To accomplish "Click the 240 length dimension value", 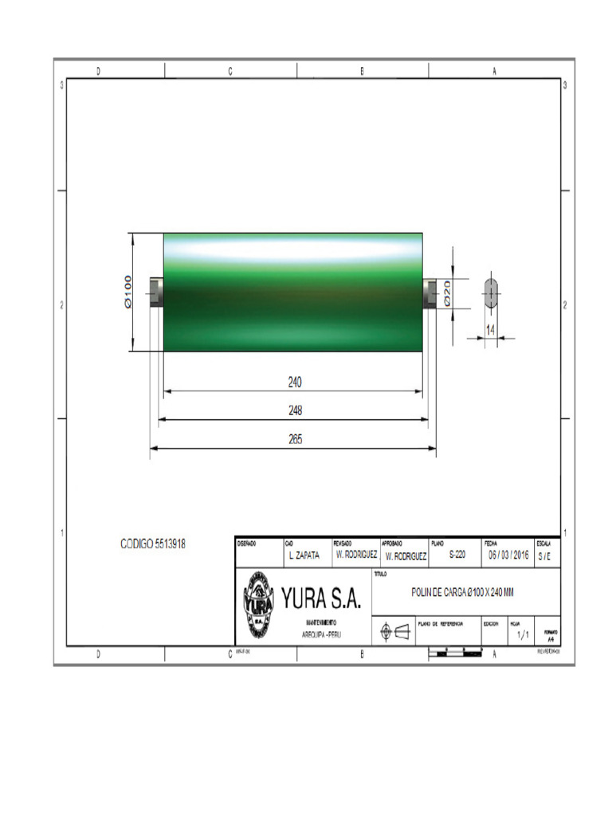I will click(295, 382).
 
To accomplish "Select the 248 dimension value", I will click(295, 410).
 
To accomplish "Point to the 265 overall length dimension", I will click(295, 439).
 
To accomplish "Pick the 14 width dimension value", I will click(491, 328).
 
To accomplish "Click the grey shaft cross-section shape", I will click(491, 294).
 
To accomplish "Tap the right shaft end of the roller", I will click(430, 293).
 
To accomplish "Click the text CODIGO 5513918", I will click(153, 543).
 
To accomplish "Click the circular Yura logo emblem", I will click(257, 603).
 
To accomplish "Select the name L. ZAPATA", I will click(303, 555).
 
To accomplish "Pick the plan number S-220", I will click(457, 555).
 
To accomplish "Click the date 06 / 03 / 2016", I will click(508, 555).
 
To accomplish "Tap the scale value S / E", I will click(543, 555).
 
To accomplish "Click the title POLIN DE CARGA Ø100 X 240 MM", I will click(462, 592).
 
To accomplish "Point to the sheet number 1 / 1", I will click(523, 635).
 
